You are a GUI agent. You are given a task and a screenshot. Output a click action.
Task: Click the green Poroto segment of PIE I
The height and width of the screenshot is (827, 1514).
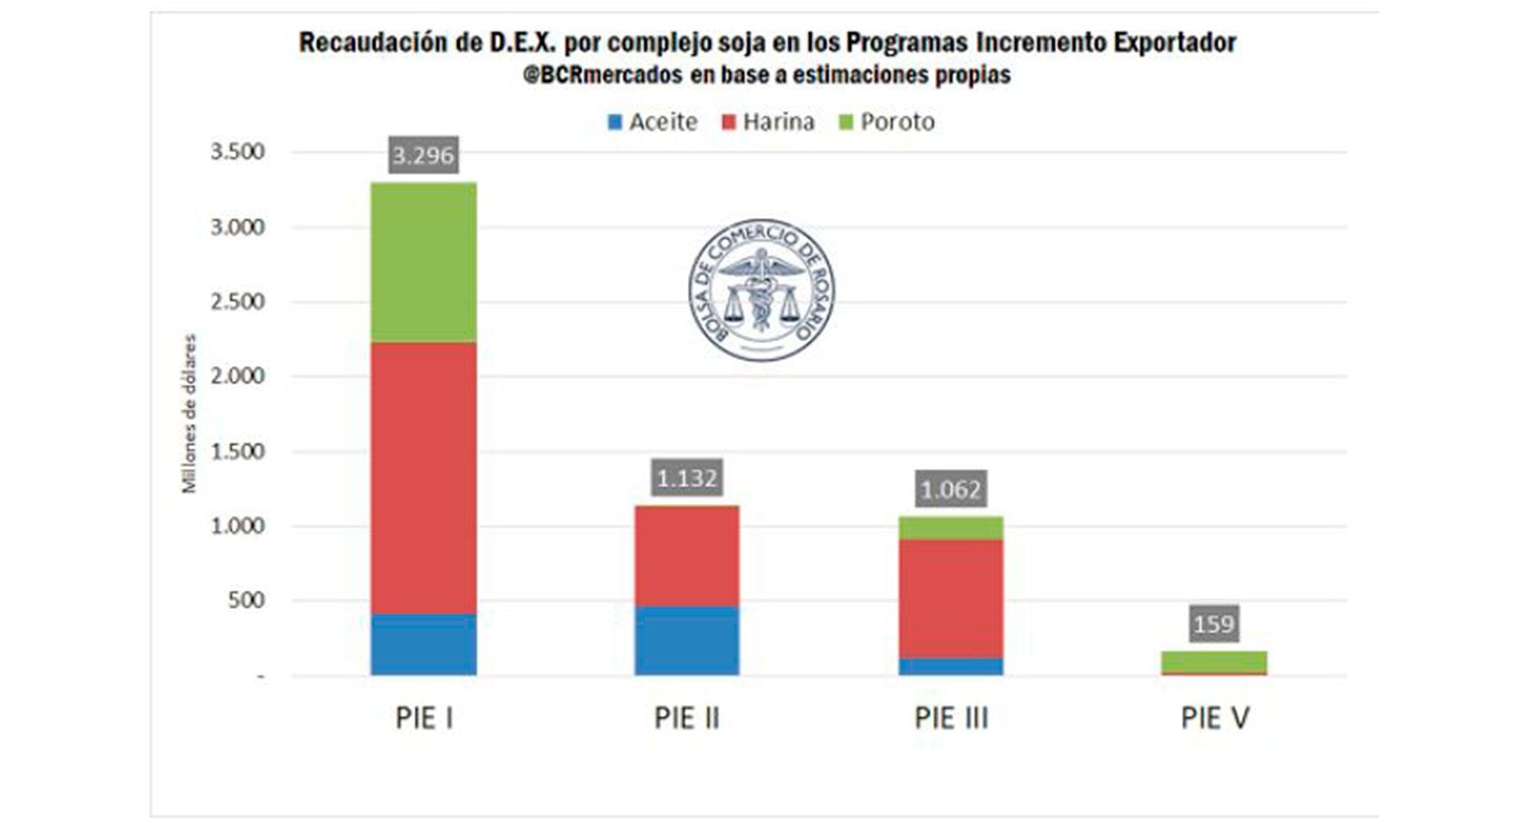click(423, 262)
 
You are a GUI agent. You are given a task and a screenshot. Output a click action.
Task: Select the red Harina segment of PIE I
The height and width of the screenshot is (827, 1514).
click(423, 477)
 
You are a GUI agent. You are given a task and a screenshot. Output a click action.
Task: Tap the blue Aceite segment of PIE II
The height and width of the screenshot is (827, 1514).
click(687, 640)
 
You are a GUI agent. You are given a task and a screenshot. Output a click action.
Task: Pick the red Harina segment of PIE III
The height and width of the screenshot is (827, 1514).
click(951, 599)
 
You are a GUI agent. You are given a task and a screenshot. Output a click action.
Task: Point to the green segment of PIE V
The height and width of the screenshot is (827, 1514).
click(1214, 661)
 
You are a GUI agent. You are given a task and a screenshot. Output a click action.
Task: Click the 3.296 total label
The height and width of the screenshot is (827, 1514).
click(423, 155)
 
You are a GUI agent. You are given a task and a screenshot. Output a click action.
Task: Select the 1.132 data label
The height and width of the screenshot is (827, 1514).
click(687, 478)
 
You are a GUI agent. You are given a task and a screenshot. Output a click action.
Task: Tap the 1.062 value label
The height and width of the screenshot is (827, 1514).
click(950, 490)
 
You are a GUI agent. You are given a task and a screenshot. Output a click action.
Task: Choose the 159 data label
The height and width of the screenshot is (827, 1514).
click(1214, 624)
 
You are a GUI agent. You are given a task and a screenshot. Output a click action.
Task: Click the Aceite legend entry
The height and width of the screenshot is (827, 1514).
click(653, 122)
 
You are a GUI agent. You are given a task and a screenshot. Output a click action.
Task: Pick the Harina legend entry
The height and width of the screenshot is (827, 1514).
click(768, 122)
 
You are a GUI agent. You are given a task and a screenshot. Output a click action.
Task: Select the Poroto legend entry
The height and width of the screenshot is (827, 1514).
click(887, 122)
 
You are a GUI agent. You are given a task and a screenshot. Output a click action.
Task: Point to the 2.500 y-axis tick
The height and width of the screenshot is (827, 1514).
click(237, 302)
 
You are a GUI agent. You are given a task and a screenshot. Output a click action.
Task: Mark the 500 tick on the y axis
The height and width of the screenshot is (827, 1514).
click(246, 600)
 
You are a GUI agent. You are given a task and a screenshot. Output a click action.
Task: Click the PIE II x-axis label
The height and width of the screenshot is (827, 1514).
click(687, 718)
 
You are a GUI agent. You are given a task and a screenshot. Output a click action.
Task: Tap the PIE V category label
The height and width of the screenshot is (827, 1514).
click(1214, 718)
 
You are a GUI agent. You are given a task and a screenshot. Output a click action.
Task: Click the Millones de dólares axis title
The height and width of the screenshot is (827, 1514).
click(189, 414)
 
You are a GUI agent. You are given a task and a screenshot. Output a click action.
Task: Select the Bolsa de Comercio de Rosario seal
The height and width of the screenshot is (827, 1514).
click(761, 290)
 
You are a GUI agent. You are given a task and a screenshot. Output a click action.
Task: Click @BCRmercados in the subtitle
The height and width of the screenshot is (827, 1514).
click(603, 76)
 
